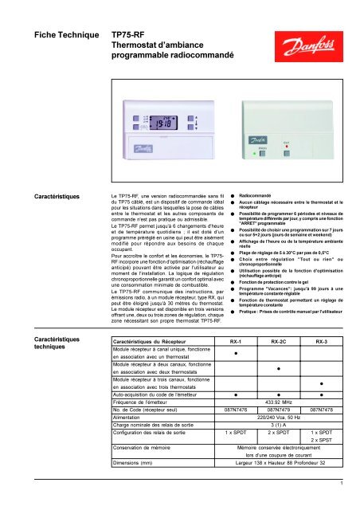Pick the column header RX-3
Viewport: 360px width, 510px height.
(x=322, y=362)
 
